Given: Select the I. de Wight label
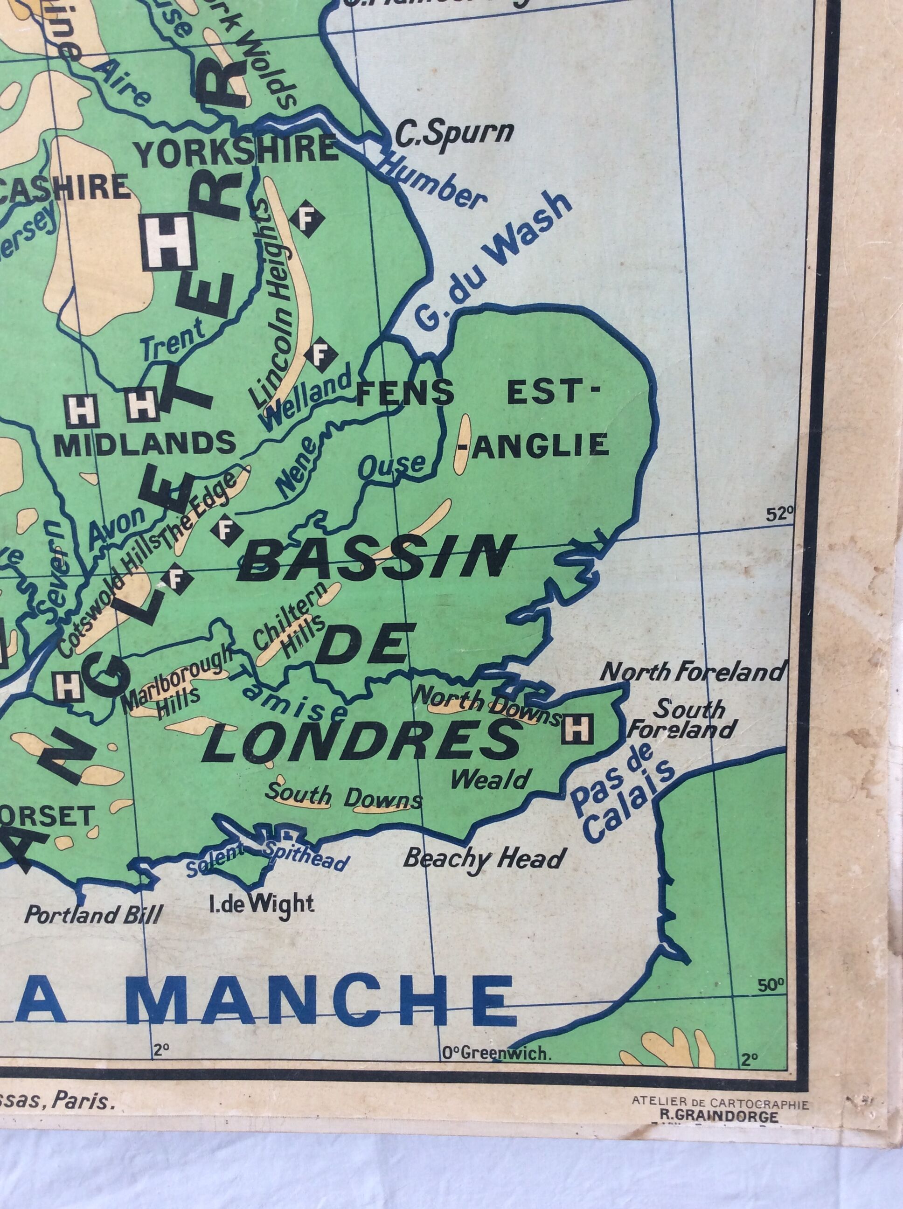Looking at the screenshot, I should tap(261, 903).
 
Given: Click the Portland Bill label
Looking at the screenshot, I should tap(95, 914).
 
